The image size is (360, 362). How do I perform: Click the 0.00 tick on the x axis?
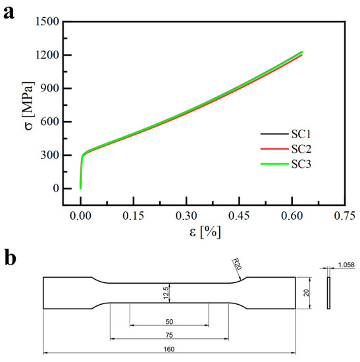pos(81,215)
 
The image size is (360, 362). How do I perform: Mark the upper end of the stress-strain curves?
pos(301,52)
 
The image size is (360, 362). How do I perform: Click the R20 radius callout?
pos(238,265)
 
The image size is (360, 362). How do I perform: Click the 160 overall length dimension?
pos(169,349)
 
